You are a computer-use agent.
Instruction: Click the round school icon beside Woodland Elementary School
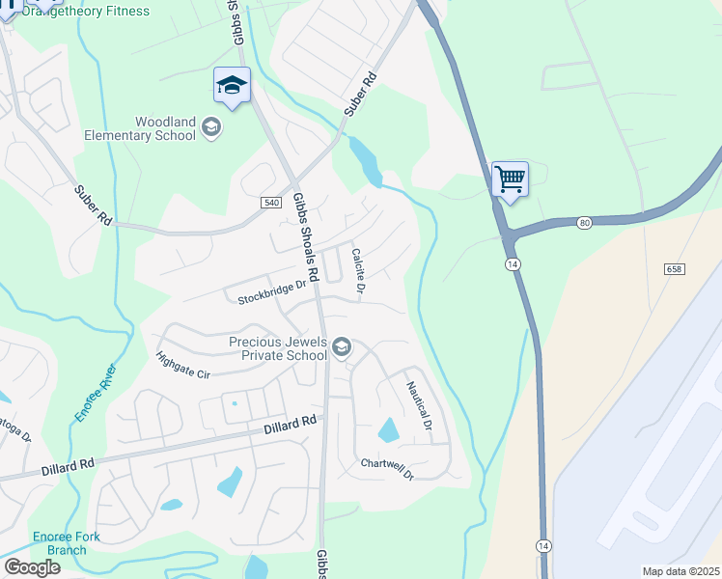coord(212,126)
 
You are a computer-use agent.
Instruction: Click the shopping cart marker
coord(510,178)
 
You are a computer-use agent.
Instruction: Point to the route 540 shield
coord(270,202)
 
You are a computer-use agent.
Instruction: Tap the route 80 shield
coord(584,223)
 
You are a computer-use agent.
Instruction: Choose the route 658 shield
coord(674,268)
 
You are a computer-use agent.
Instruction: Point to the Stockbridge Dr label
coord(271,293)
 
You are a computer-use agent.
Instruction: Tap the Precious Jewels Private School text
coord(277,348)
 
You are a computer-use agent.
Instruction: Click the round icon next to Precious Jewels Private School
coord(341,347)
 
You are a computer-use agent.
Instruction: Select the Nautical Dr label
coord(419,405)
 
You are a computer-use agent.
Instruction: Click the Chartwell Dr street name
coord(387,469)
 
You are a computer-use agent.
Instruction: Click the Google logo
coord(32,567)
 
